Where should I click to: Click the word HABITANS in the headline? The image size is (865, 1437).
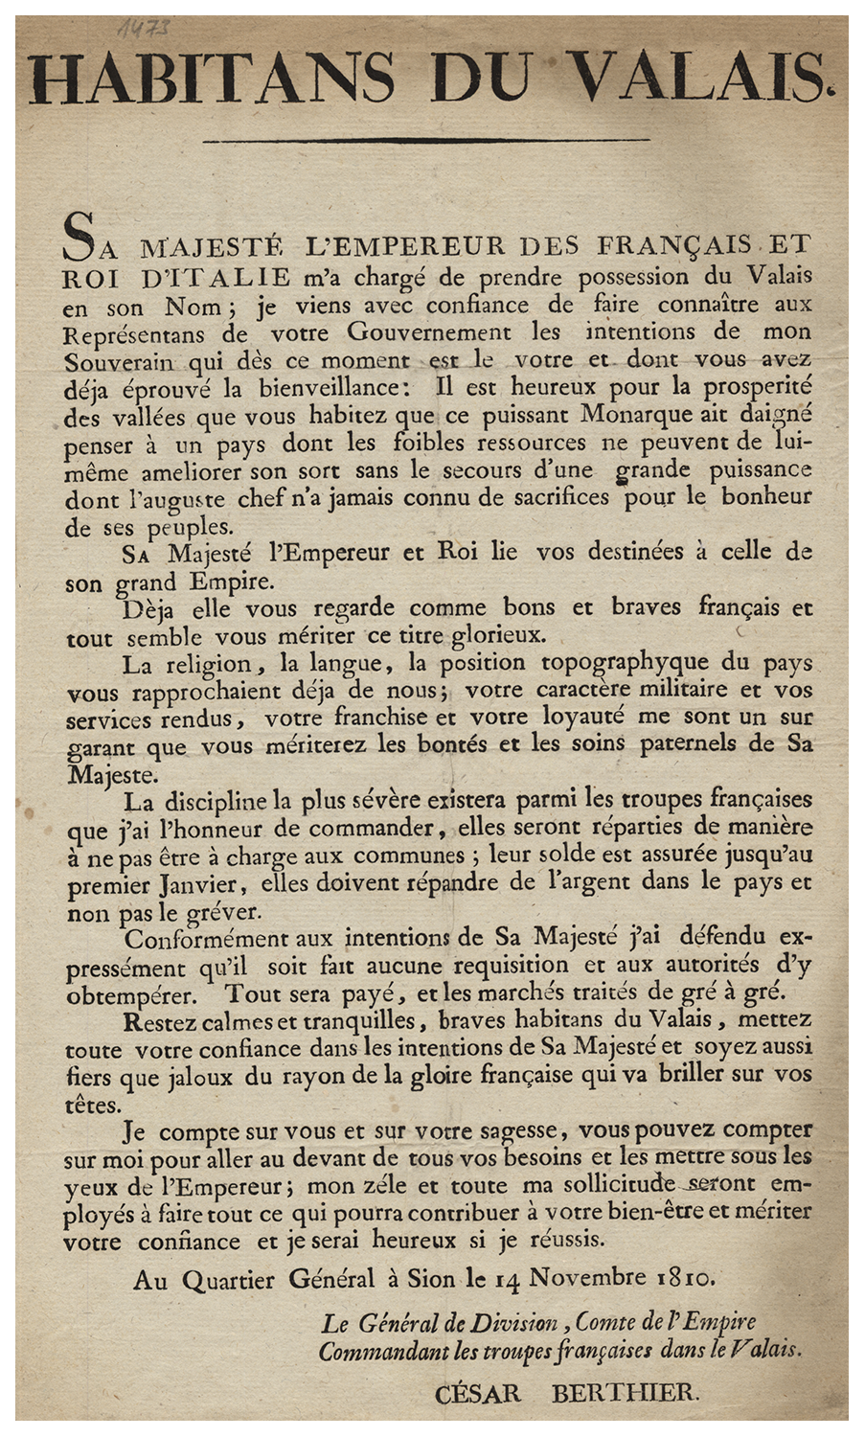(x=211, y=77)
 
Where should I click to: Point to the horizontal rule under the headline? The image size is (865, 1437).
(x=430, y=142)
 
